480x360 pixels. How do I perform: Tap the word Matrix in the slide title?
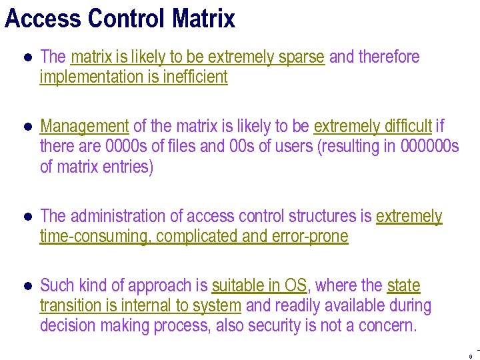tap(203, 18)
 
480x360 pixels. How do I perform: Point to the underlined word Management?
tap(84, 126)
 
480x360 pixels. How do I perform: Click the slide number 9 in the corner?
tap(470, 355)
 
